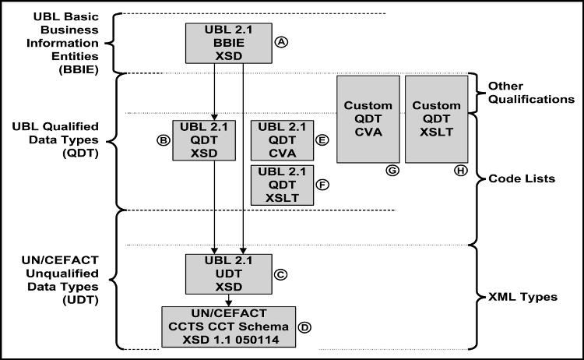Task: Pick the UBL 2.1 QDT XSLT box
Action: click(x=280, y=185)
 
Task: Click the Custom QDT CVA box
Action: click(x=368, y=119)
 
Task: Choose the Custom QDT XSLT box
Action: click(x=437, y=119)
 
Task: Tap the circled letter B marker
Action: click(x=163, y=141)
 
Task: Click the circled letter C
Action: click(x=280, y=274)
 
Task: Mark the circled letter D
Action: click(x=305, y=327)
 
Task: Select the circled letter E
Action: click(x=322, y=141)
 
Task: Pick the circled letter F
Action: click(x=322, y=185)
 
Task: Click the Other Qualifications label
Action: click(x=530, y=92)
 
